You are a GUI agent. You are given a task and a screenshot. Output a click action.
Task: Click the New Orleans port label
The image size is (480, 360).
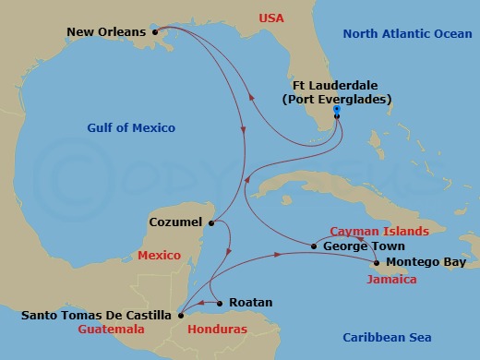pyautogui.click(x=106, y=32)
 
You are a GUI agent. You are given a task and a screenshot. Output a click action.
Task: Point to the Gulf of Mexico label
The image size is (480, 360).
pyautogui.click(x=132, y=127)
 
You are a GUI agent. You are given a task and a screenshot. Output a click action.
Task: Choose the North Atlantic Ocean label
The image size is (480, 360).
pyautogui.click(x=406, y=34)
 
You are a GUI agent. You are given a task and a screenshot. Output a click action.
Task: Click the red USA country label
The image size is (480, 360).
pyautogui.click(x=272, y=18)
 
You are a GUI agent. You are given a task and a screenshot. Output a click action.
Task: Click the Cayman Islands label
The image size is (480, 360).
pyautogui.click(x=378, y=231)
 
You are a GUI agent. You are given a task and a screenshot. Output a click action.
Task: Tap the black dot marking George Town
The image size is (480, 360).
pyautogui.click(x=315, y=246)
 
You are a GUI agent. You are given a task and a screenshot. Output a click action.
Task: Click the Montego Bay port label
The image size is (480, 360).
pyautogui.click(x=420, y=262)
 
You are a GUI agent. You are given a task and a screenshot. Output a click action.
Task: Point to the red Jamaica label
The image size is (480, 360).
pyautogui.click(x=391, y=278)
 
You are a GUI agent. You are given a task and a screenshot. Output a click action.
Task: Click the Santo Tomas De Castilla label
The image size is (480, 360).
pyautogui.click(x=96, y=315)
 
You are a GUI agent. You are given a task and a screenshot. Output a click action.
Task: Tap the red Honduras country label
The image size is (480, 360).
pyautogui.click(x=217, y=329)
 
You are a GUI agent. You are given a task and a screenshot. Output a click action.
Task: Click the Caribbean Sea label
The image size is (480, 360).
pyautogui.click(x=387, y=337)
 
